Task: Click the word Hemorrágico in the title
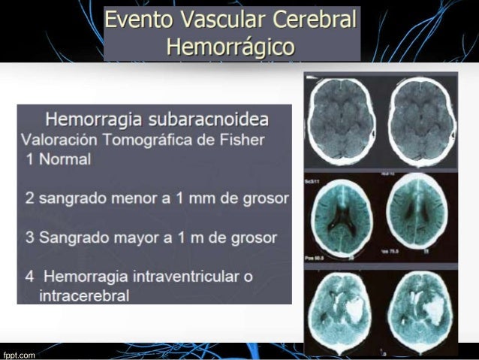tap(230, 48)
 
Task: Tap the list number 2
tap(29, 198)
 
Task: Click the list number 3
tap(29, 237)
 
